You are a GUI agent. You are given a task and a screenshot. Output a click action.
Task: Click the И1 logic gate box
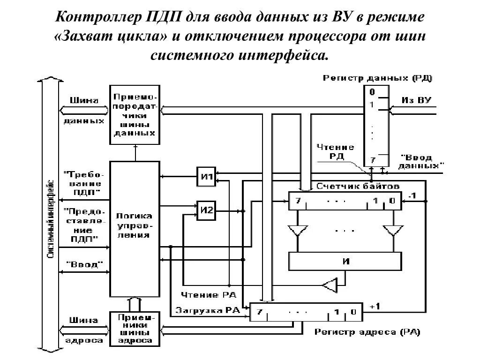coord(206,177)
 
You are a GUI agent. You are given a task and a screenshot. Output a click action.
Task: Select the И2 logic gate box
coord(206,210)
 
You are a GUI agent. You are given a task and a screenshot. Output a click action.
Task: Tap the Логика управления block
coord(135,229)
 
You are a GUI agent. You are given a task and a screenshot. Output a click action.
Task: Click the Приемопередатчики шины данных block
coord(135,115)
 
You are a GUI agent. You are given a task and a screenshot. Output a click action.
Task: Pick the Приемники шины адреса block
coord(135,329)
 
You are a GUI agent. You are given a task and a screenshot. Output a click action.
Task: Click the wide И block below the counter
coord(345,261)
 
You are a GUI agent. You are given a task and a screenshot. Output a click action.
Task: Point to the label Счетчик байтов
coord(358,186)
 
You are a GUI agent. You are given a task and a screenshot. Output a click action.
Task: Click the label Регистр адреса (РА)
coord(367,332)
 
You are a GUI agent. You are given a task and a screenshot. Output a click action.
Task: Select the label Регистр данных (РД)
coord(377,78)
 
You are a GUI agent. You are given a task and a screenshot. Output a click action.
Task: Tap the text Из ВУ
coord(416,100)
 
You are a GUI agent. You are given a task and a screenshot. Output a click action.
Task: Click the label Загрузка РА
coord(207,310)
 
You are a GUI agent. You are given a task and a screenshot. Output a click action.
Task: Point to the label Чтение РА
coord(209,295)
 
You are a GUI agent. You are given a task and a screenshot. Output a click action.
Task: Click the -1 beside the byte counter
coord(412,195)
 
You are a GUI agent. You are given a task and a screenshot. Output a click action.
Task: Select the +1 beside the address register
coord(375,306)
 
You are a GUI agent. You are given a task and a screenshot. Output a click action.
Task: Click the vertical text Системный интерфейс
coord(51,219)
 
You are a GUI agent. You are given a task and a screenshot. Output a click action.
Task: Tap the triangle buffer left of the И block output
coord(330,285)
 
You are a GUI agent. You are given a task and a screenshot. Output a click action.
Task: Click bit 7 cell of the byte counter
coord(298,201)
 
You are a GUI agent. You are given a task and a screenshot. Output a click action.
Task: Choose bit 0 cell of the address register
coord(353,312)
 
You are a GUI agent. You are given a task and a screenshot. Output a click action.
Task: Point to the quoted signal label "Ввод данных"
coord(420,162)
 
